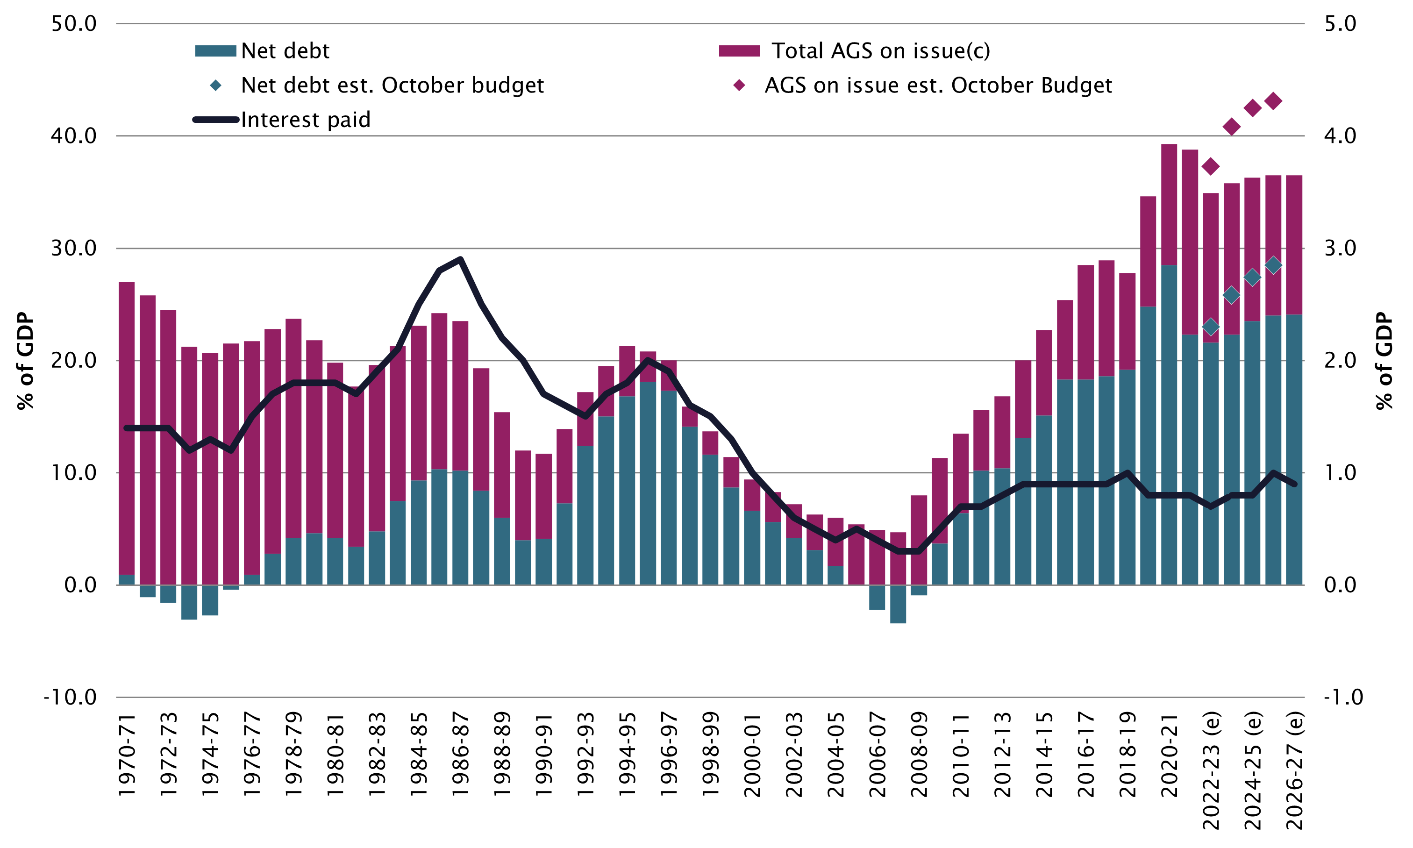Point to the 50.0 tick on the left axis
[74, 23]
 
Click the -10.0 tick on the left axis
[70, 697]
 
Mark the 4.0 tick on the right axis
[1339, 136]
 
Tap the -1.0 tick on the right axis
[1343, 697]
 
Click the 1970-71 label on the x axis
[127, 755]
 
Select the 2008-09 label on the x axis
[919, 755]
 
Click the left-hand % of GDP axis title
[26, 361]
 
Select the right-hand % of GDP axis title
[1384, 361]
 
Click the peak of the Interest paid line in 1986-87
[460, 259]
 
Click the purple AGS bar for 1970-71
[127, 428]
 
